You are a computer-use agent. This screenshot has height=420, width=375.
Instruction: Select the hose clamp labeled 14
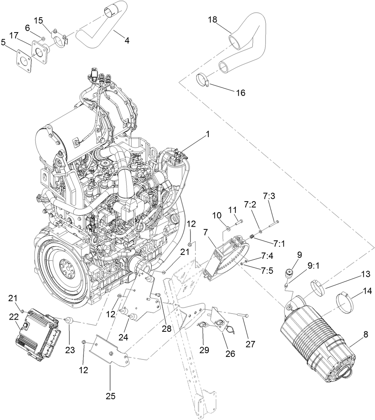[345, 304]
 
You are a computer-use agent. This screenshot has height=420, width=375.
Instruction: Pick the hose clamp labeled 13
[319, 287]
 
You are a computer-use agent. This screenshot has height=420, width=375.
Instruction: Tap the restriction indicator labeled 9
[290, 271]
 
